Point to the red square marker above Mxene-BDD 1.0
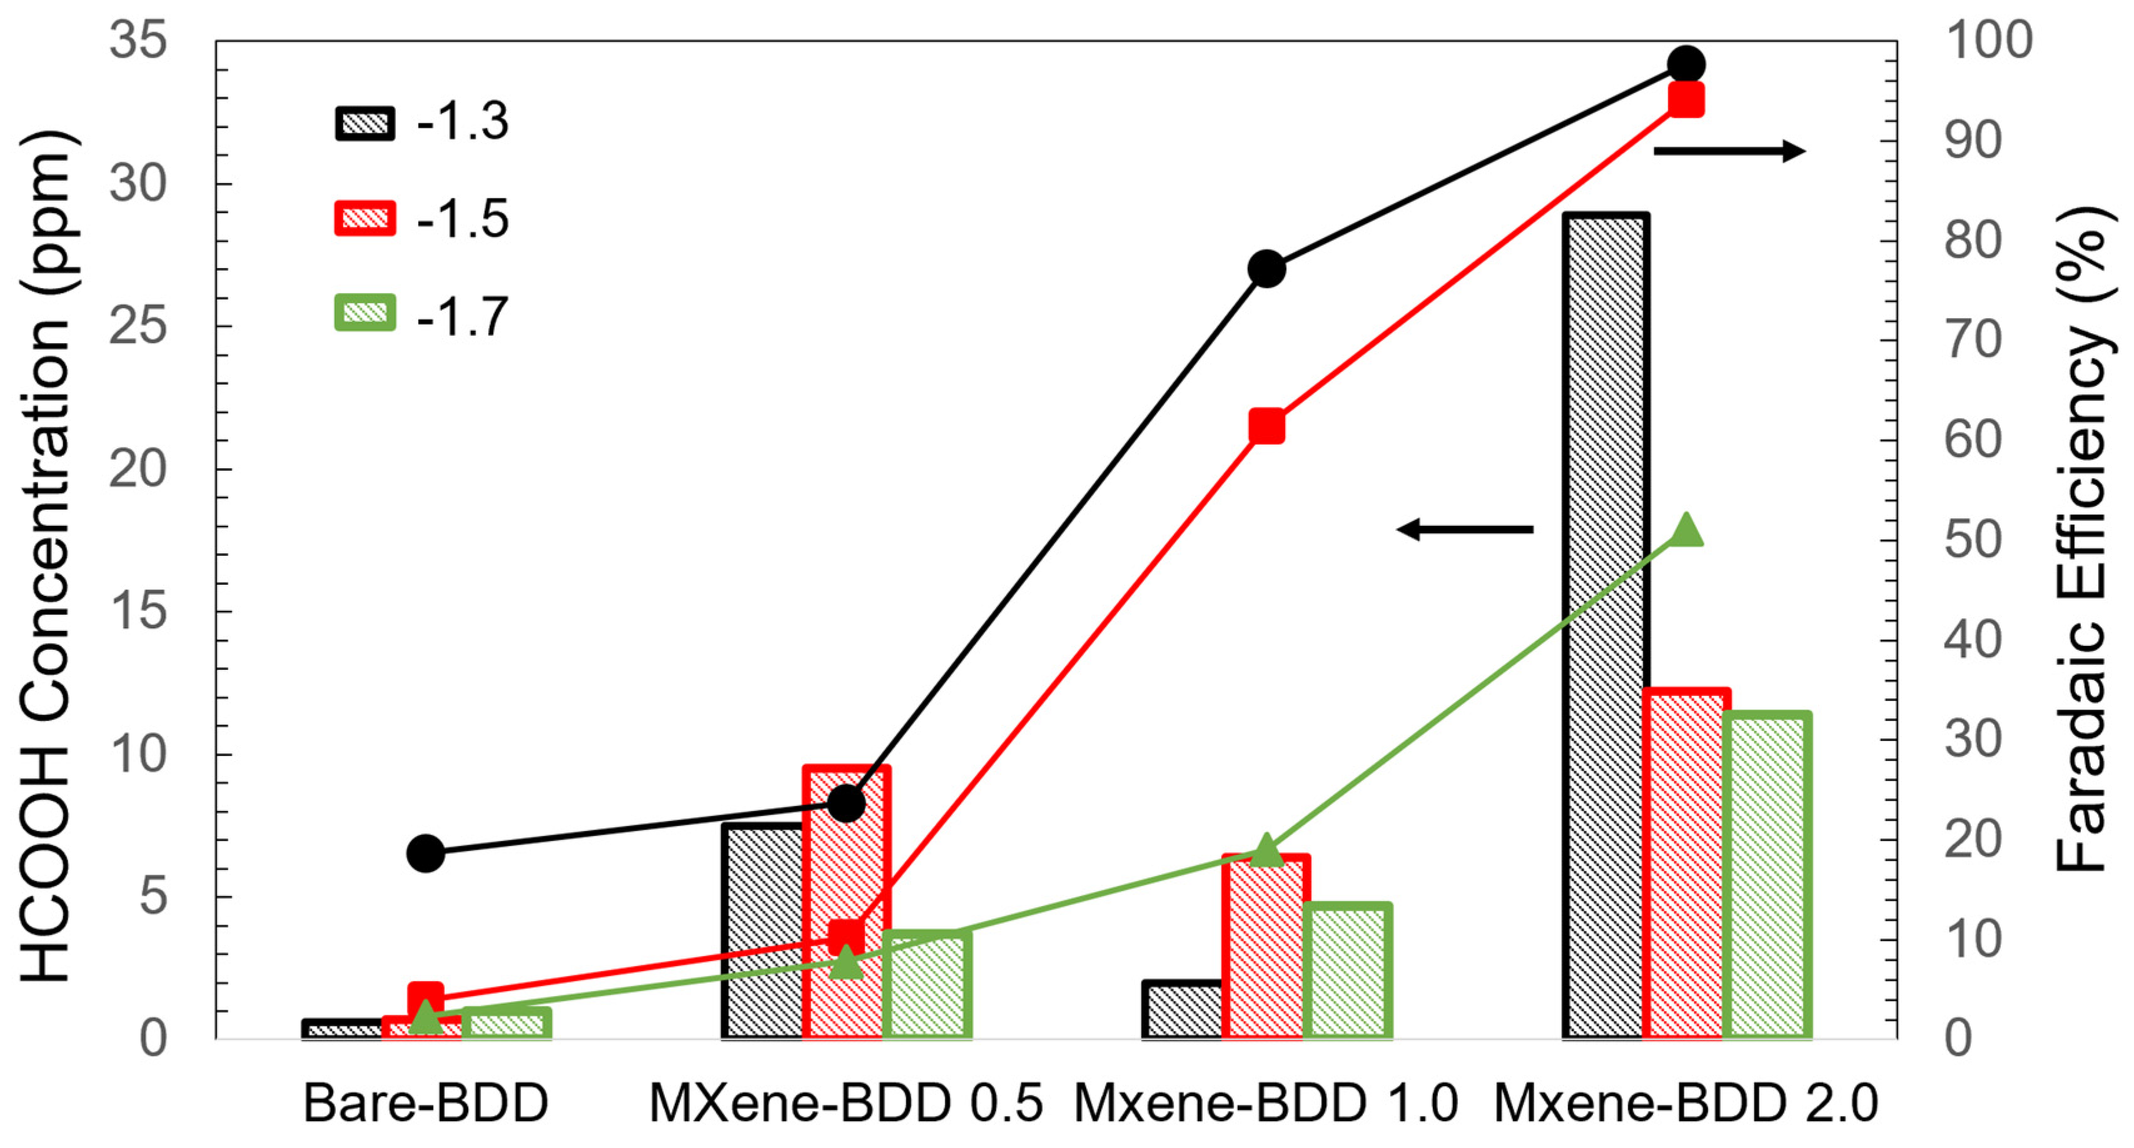pyautogui.click(x=1267, y=426)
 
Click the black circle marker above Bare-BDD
pyautogui.click(x=426, y=853)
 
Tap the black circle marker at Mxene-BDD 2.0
pyautogui.click(x=1686, y=64)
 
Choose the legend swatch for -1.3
pyautogui.click(x=365, y=123)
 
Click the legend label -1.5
pyautogui.click(x=462, y=219)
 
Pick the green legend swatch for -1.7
pyautogui.click(x=365, y=313)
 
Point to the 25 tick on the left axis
pyautogui.click(x=137, y=326)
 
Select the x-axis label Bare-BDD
pyautogui.click(x=426, y=1103)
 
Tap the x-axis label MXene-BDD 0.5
pyautogui.click(x=845, y=1103)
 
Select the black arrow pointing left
pyautogui.click(x=1465, y=528)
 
